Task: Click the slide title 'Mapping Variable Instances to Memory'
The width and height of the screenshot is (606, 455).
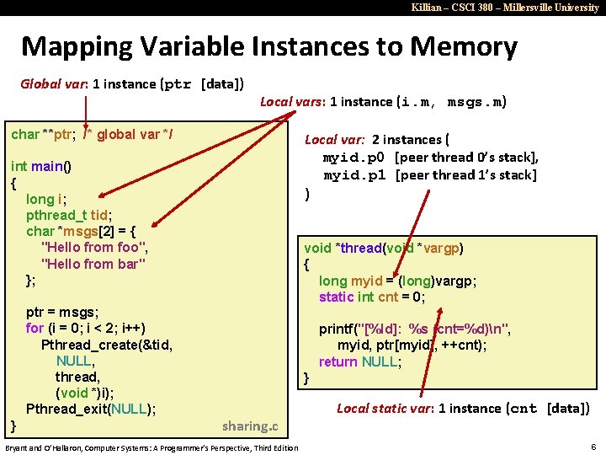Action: pos(268,46)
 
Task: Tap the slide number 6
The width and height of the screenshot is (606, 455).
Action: pos(593,446)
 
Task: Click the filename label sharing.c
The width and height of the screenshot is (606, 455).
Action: pos(250,426)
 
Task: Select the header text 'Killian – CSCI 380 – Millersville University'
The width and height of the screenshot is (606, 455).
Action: pos(505,7)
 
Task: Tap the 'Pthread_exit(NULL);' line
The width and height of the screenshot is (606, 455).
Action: pos(91,409)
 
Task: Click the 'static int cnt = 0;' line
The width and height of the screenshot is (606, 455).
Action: pos(372,297)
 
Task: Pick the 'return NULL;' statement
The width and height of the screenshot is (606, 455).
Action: pos(359,361)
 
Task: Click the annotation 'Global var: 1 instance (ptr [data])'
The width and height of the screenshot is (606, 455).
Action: pos(132,84)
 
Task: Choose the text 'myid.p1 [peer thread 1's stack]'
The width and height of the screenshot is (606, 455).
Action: pos(429,175)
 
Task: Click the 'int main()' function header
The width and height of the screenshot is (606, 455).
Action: pos(40,166)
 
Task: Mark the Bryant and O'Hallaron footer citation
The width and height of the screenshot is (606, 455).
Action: pos(151,447)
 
